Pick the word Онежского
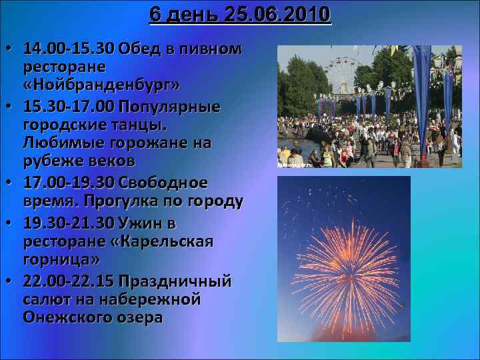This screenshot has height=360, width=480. tap(66, 317)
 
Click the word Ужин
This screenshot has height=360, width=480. tap(141, 221)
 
